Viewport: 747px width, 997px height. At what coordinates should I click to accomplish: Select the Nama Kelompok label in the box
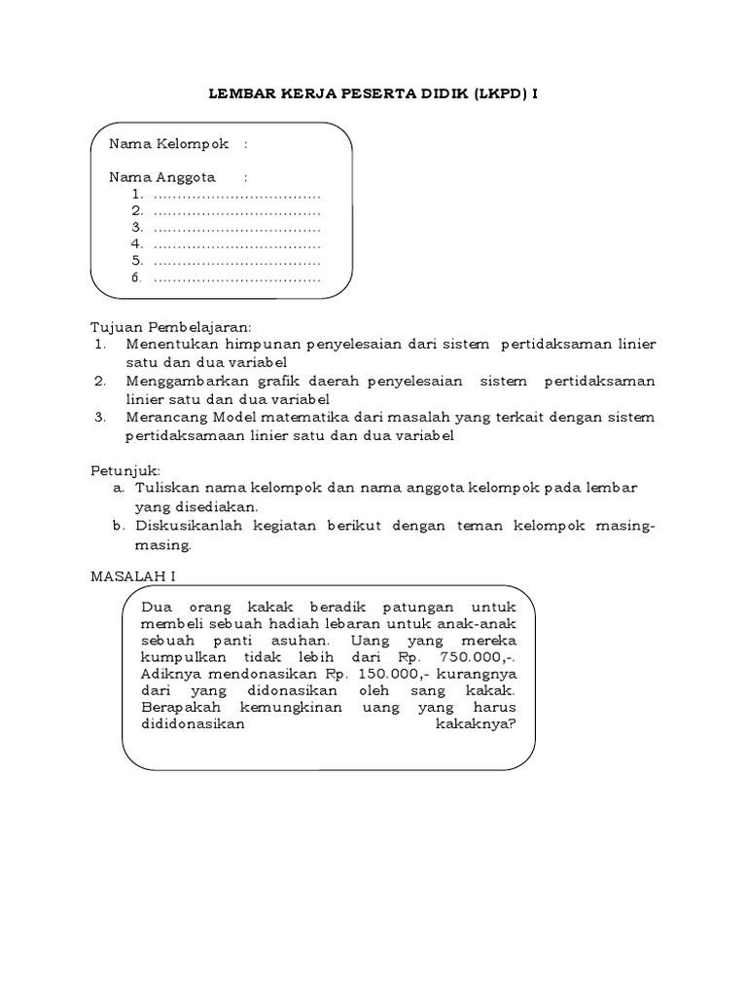click(x=168, y=144)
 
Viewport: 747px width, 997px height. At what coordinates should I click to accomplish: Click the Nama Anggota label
click(x=161, y=177)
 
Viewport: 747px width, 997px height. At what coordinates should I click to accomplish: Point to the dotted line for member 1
click(x=237, y=195)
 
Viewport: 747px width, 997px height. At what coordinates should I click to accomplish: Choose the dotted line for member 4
click(x=237, y=244)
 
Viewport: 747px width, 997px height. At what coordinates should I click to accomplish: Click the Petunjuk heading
click(x=124, y=470)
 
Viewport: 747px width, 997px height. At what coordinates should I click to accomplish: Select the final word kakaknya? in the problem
click(x=477, y=724)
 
